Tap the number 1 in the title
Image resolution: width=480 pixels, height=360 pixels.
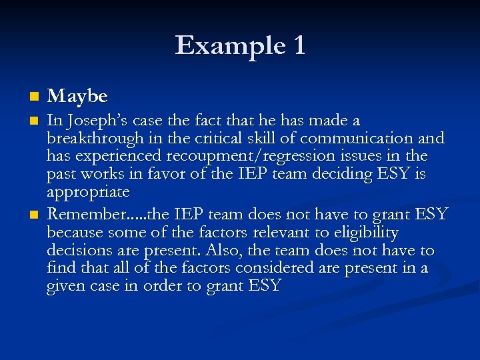pyautogui.click(x=299, y=45)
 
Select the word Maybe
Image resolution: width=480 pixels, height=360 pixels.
pyautogui.click(x=77, y=97)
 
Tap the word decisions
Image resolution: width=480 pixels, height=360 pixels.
pyautogui.click(x=75, y=251)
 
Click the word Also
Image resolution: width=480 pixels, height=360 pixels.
pyautogui.click(x=221, y=251)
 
